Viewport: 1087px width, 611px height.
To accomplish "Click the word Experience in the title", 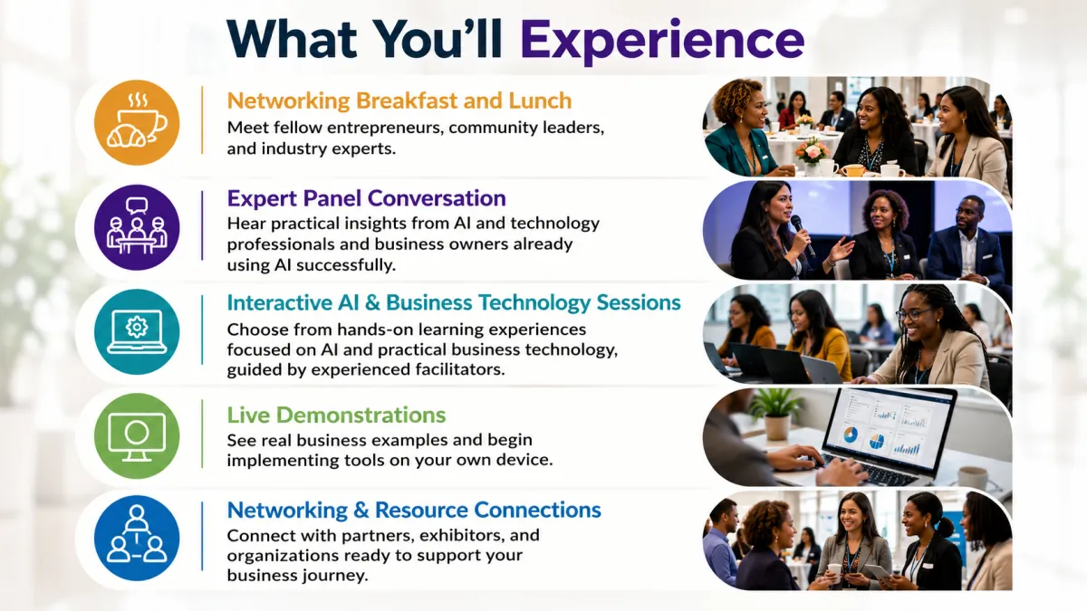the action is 662,42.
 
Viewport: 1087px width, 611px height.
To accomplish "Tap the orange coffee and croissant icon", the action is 137,123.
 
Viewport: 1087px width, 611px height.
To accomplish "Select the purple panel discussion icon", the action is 137,227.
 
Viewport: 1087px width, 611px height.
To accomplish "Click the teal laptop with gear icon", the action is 137,331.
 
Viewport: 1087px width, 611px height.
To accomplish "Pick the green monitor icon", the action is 137,436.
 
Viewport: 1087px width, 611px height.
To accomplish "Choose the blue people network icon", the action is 137,539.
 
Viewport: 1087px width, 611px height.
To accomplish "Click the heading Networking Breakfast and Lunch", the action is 399,100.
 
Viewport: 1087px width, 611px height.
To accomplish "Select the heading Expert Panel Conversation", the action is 366,198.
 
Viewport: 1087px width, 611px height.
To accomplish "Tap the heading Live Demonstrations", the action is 336,415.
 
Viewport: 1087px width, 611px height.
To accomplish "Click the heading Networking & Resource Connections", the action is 414,511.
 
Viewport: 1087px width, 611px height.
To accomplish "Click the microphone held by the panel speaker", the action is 803,235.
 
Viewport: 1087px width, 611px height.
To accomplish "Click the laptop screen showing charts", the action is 887,428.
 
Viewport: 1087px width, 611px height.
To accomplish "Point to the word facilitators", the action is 459,370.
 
